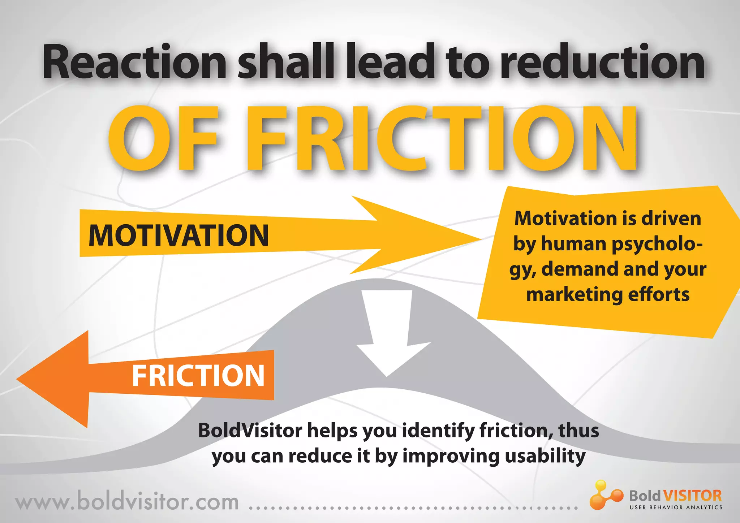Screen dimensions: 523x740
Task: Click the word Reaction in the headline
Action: point(134,62)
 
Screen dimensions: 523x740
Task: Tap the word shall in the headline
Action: point(285,62)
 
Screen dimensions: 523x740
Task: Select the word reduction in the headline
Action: point(603,62)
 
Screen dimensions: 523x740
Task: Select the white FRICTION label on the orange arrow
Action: point(198,376)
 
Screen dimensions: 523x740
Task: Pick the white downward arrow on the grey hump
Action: point(388,336)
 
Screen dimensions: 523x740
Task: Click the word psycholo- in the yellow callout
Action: point(657,244)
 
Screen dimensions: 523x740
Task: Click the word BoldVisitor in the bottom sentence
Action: point(250,431)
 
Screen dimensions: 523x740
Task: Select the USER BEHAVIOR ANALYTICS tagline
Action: point(676,507)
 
